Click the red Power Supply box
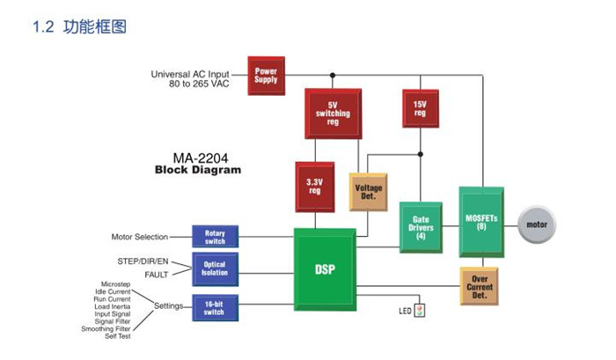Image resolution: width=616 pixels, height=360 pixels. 266,75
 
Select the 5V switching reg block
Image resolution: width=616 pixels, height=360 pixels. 333,112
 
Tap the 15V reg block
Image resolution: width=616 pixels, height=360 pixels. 420,109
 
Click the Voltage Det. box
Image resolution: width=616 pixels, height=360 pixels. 368,190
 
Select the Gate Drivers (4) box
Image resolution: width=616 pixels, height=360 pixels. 420,228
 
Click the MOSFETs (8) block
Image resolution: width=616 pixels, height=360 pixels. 481,221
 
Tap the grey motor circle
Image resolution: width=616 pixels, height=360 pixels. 536,224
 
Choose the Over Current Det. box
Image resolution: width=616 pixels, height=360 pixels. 480,284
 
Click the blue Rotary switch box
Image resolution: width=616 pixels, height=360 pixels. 215,237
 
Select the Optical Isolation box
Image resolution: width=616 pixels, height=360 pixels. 215,268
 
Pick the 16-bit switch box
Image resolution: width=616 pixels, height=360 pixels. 215,307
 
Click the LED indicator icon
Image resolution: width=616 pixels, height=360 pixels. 420,310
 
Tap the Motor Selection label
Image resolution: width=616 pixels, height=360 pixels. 139,237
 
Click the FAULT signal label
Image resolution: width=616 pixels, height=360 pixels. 156,275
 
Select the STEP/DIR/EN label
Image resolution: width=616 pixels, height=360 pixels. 143,261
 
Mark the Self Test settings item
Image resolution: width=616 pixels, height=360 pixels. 118,336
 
